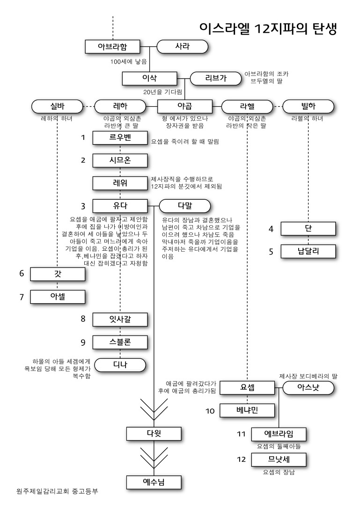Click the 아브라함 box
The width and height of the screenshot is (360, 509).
coord(113,47)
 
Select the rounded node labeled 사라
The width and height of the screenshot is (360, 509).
coord(182,47)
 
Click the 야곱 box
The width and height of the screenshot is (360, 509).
coord(185,106)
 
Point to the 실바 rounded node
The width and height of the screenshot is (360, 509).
coord(57,106)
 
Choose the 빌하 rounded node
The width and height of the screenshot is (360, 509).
coord(308,106)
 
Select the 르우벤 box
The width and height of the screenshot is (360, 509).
coord(120,138)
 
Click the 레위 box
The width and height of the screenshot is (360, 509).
coord(120,183)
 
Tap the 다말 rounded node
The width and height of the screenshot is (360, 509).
coord(185,205)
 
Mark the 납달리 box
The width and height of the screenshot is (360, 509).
coord(308,251)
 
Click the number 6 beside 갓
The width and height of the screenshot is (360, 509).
coord(22,274)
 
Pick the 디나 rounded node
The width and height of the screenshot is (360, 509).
coord(120,364)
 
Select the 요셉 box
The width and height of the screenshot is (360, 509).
coord(247,388)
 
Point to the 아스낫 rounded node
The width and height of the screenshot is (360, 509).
coord(308,388)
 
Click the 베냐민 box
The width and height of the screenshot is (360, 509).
coord(247,410)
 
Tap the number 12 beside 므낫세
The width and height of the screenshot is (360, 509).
coord(242,459)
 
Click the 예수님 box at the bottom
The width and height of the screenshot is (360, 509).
coord(154,482)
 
